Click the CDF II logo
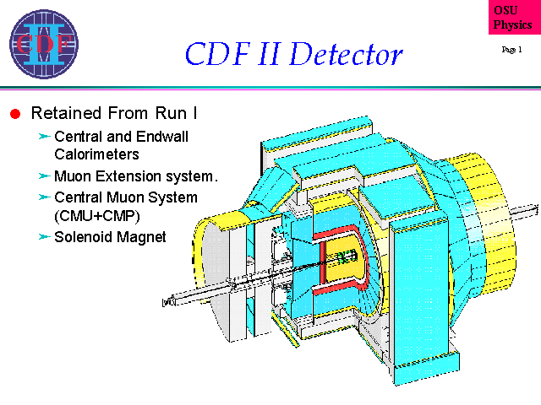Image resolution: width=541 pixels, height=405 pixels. [44, 44]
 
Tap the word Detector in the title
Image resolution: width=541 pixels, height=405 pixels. [346, 54]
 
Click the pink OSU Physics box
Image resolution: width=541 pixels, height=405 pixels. [515, 17]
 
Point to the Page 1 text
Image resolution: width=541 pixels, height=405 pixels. [511, 50]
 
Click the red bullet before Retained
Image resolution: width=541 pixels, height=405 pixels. [15, 114]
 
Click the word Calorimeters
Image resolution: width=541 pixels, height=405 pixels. [96, 154]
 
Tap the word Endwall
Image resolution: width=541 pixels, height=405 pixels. [162, 137]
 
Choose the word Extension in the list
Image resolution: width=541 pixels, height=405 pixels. [128, 176]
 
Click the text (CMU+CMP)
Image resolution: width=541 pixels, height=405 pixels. [97, 216]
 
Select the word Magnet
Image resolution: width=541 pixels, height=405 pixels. [141, 237]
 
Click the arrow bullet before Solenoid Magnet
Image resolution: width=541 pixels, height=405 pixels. [44, 236]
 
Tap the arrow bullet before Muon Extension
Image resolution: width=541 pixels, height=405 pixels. [44, 176]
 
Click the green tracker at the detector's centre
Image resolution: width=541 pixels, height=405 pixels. [346, 257]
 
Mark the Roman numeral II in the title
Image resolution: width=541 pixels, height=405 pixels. [270, 54]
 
